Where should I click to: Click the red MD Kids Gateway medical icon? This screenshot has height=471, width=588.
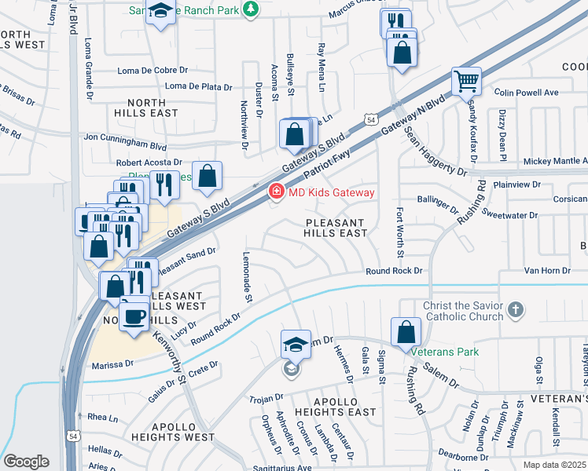(276, 192)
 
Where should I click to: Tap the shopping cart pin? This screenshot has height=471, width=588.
(466, 81)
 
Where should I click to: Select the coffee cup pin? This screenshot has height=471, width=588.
(134, 317)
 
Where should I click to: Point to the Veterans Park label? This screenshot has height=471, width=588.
(445, 352)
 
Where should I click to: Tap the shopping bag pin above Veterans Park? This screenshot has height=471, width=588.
(406, 331)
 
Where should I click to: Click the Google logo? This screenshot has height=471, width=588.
(26, 462)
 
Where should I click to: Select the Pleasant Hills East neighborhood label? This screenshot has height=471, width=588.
(336, 228)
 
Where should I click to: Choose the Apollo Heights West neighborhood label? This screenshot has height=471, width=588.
(172, 432)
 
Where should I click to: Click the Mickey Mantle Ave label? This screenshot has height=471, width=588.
(554, 161)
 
